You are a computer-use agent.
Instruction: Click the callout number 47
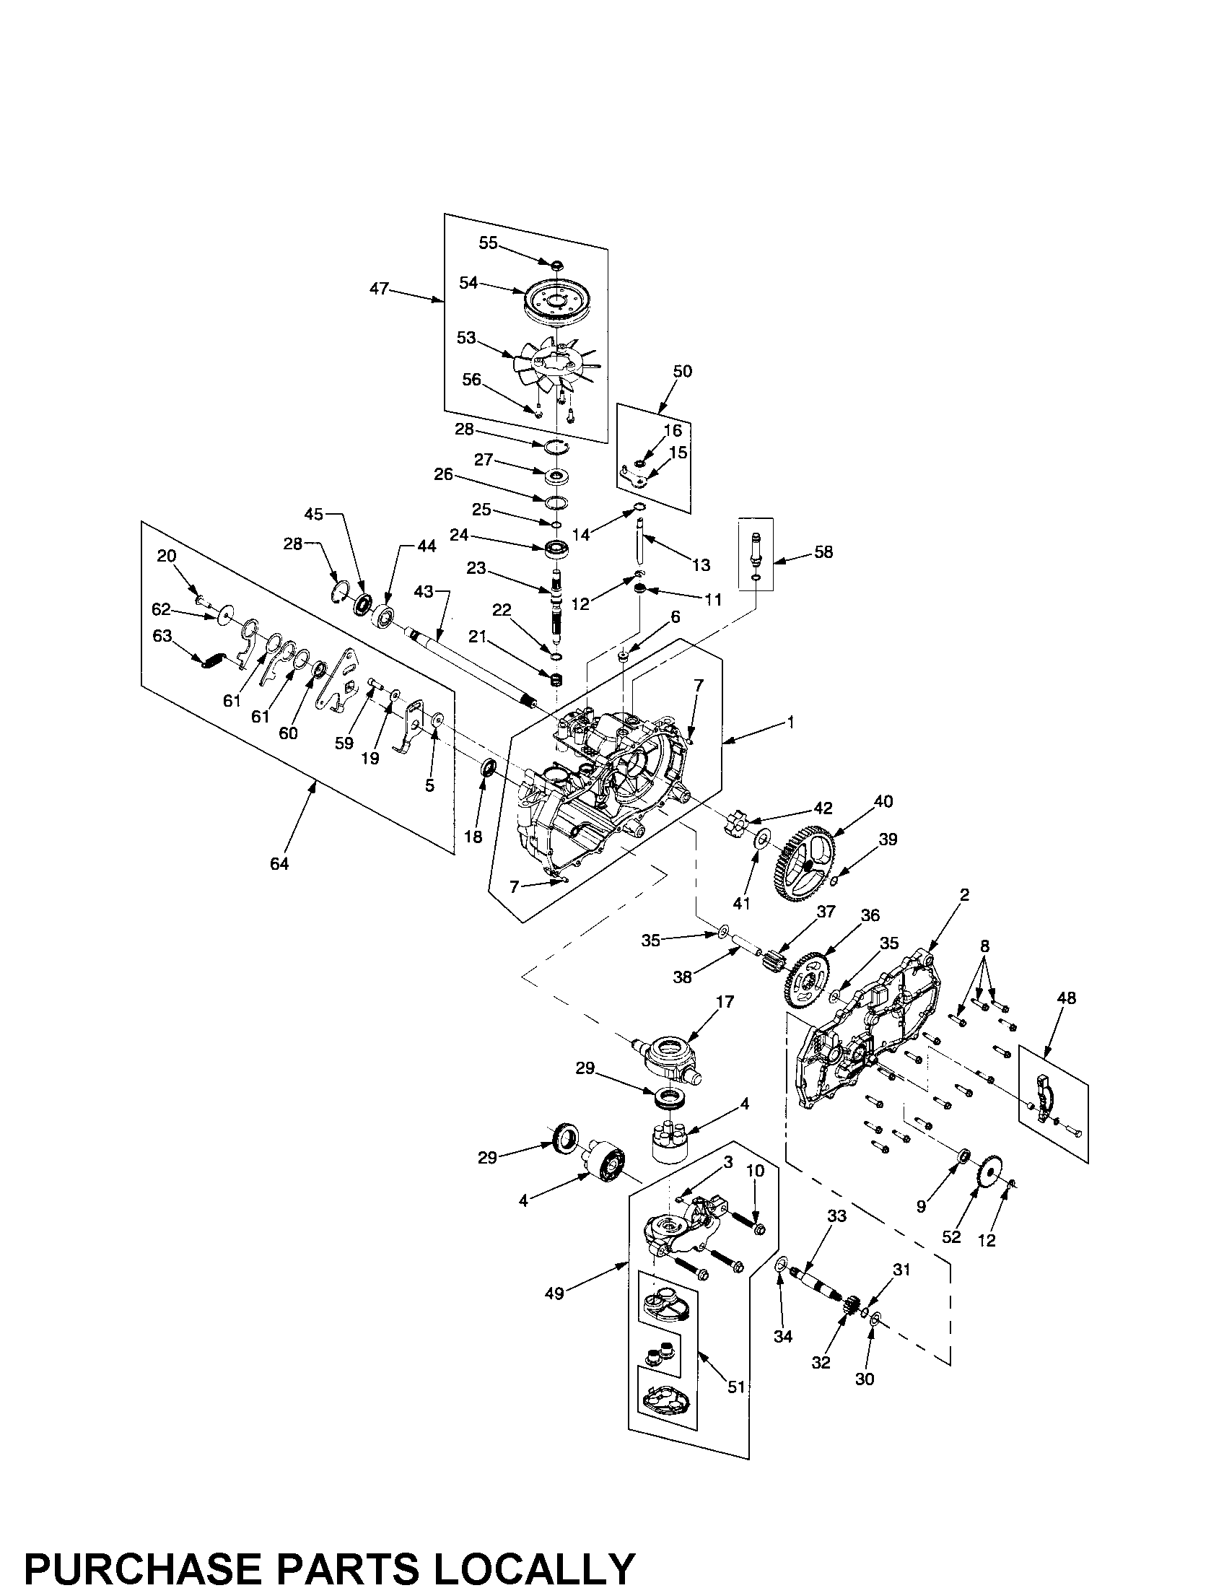[379, 289]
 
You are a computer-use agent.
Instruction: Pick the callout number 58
[823, 552]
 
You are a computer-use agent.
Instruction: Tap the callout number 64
[279, 863]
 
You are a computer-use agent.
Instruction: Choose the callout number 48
[1066, 998]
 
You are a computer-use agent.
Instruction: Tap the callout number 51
[737, 1387]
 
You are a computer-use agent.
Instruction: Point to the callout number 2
[963, 895]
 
